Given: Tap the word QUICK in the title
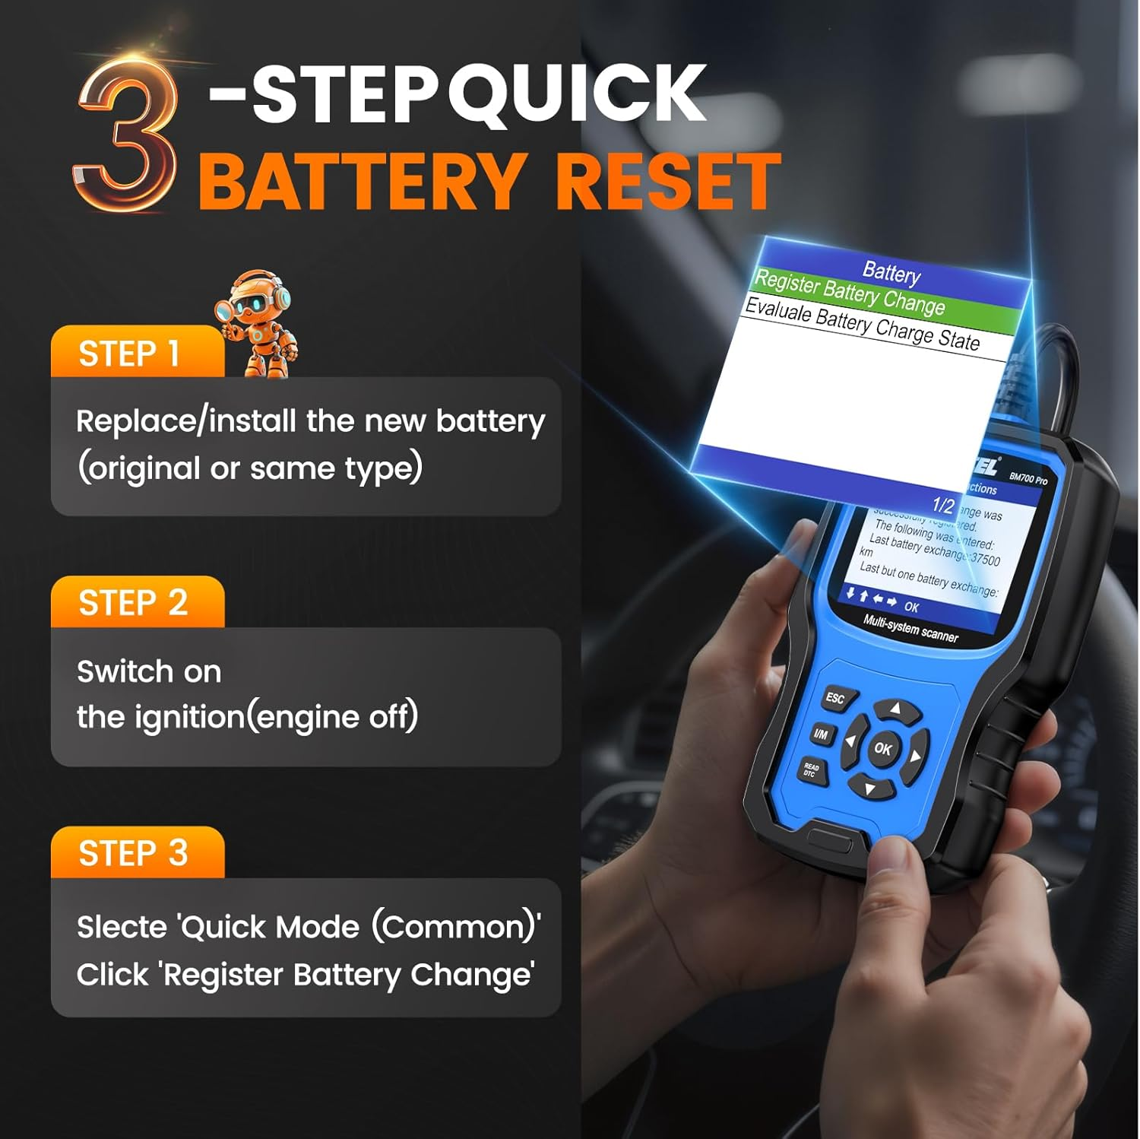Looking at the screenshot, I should pos(578,94).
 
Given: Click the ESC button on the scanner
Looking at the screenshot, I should pos(834,698).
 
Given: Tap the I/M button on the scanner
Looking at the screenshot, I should pos(821,734).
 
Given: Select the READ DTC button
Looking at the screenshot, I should pos(811,771).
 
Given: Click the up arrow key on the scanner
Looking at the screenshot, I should pos(895,710).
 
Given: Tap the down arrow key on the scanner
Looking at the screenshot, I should pos(869,788).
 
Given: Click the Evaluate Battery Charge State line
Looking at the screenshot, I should pos(862,325).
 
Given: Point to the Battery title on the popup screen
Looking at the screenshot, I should pos(891,272).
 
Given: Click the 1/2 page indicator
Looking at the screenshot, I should pos(942,506).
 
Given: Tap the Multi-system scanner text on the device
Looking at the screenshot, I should pos(910,629).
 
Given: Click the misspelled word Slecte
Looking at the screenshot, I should pos(122,928).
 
